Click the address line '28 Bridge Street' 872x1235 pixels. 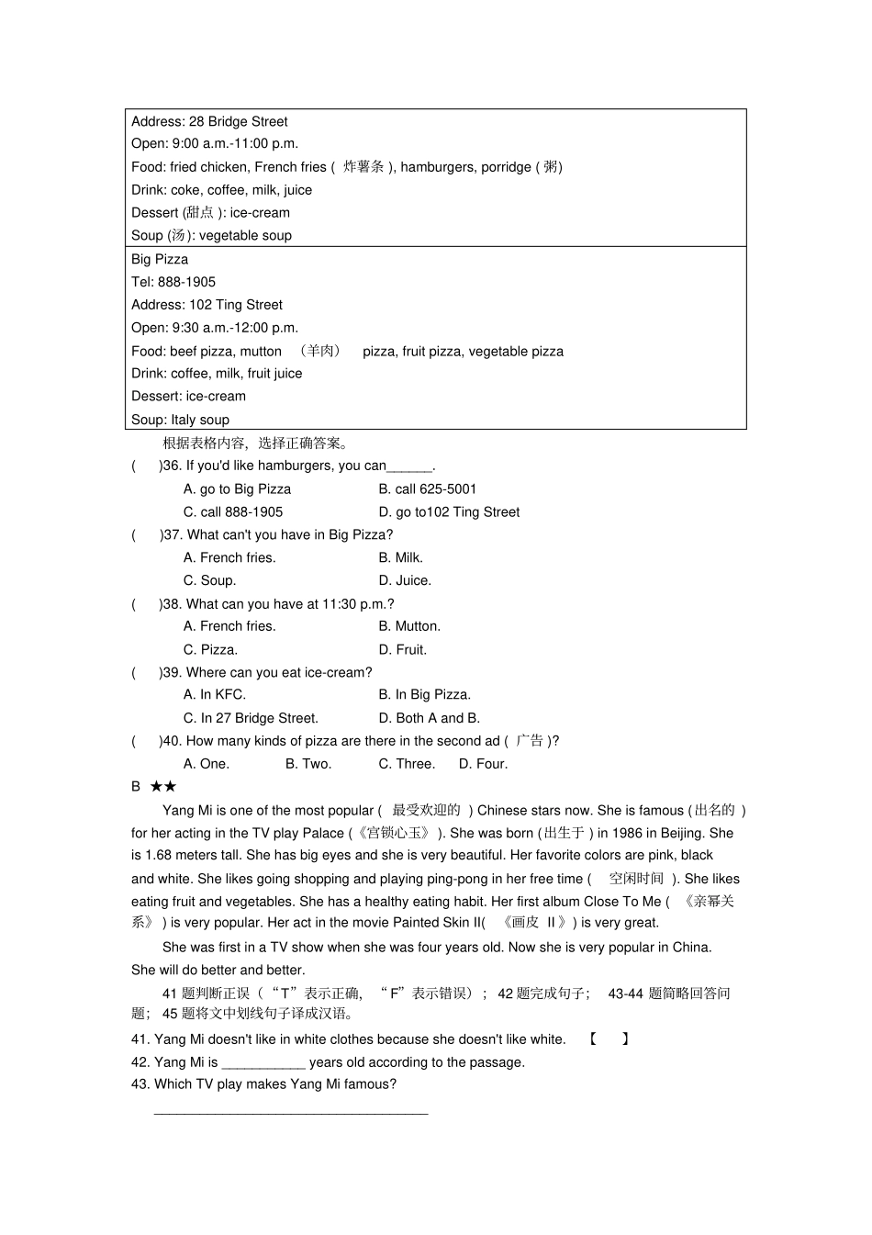[x=209, y=121]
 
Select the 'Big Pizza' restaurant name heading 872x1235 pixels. [x=160, y=259]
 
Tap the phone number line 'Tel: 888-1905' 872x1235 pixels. [x=173, y=282]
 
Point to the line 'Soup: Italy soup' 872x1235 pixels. [x=180, y=420]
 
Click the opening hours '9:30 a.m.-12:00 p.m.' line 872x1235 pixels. [x=215, y=328]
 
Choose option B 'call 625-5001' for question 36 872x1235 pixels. [x=428, y=489]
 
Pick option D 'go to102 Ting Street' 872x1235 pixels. [x=449, y=512]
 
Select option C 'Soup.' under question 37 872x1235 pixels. [x=209, y=580]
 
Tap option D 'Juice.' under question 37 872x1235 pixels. [x=405, y=580]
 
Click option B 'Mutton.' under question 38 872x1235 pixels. [x=409, y=626]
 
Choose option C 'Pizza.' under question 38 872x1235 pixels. [x=210, y=649]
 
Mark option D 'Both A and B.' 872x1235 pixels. [x=429, y=718]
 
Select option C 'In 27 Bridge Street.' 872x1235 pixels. [x=251, y=718]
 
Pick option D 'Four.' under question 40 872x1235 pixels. [x=483, y=764]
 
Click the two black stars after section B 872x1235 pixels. [x=163, y=787]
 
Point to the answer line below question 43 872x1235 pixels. [x=291, y=1111]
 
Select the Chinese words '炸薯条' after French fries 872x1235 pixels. [x=363, y=167]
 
